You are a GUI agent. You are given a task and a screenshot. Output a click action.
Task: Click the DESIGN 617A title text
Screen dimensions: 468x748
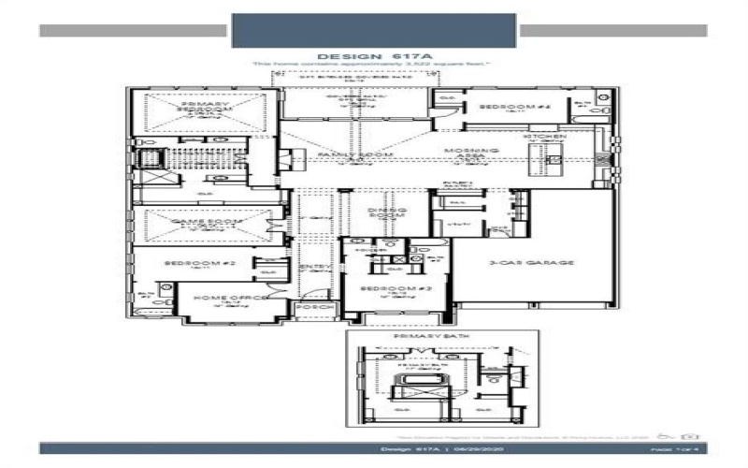pos(374,56)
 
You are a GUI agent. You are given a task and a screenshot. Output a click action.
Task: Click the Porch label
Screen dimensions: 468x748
pos(308,306)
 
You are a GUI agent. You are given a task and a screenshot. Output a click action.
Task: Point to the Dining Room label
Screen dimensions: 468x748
pos(384,213)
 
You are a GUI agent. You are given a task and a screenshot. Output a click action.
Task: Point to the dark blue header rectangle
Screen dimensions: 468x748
pos(373,29)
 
